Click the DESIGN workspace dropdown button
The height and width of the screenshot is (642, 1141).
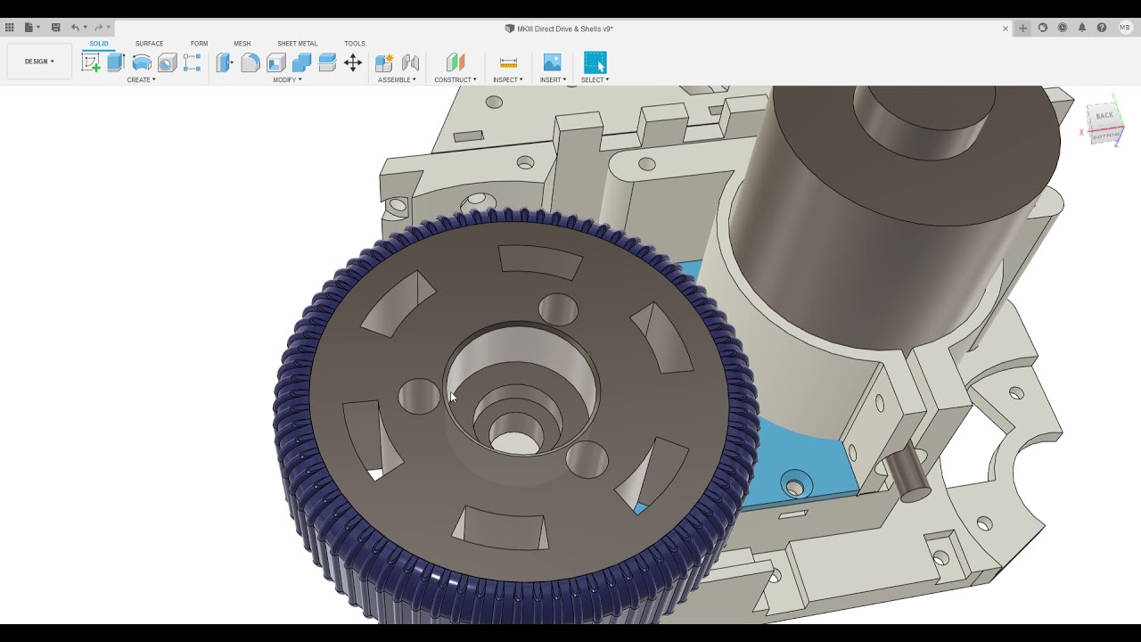click(39, 62)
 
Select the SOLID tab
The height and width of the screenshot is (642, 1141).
click(99, 44)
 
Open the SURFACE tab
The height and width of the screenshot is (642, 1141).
click(149, 44)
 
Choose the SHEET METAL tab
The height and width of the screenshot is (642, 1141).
click(297, 44)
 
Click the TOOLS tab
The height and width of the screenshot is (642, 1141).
click(355, 44)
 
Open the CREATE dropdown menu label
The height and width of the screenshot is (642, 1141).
click(141, 80)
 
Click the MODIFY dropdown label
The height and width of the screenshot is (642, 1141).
click(287, 80)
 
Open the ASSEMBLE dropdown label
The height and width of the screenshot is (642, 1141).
click(397, 80)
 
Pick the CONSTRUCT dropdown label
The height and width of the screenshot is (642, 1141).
click(455, 80)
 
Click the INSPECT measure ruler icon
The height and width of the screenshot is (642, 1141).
click(508, 62)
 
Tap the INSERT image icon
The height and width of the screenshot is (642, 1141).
click(552, 62)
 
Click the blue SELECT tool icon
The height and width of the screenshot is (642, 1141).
click(595, 62)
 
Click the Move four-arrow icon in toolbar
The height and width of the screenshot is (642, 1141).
click(353, 62)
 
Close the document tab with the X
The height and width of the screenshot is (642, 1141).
click(1006, 29)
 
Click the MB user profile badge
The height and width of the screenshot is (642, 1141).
click(1124, 28)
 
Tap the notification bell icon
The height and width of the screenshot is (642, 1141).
click(1082, 28)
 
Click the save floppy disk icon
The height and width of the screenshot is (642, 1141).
click(55, 28)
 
